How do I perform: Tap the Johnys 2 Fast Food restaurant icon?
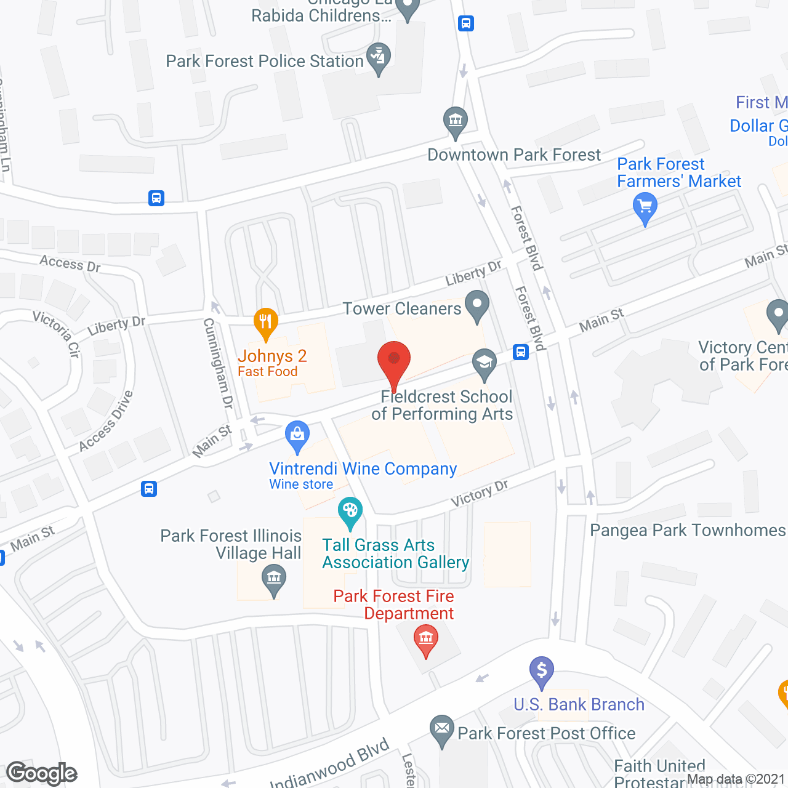pyautogui.click(x=266, y=321)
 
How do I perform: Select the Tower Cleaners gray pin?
pyautogui.click(x=476, y=305)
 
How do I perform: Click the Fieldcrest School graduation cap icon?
pyautogui.click(x=484, y=363)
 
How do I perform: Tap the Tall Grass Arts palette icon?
pyautogui.click(x=350, y=511)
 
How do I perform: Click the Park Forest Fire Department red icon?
pyautogui.click(x=426, y=638)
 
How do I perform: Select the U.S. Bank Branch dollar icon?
pyautogui.click(x=542, y=670)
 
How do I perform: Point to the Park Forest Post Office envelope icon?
pyautogui.click(x=441, y=729)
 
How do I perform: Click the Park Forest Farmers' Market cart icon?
pyautogui.click(x=645, y=206)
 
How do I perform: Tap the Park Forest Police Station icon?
pyautogui.click(x=379, y=57)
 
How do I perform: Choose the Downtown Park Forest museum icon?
pyautogui.click(x=456, y=120)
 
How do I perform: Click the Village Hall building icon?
pyautogui.click(x=274, y=579)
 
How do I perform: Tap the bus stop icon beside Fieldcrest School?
pyautogui.click(x=521, y=353)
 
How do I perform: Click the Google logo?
pyautogui.click(x=42, y=773)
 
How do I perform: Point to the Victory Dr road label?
pyautogui.click(x=480, y=493)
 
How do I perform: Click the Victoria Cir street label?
pyautogui.click(x=57, y=333)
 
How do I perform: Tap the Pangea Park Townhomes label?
pyautogui.click(x=688, y=530)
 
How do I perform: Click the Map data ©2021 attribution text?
pyautogui.click(x=736, y=779)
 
